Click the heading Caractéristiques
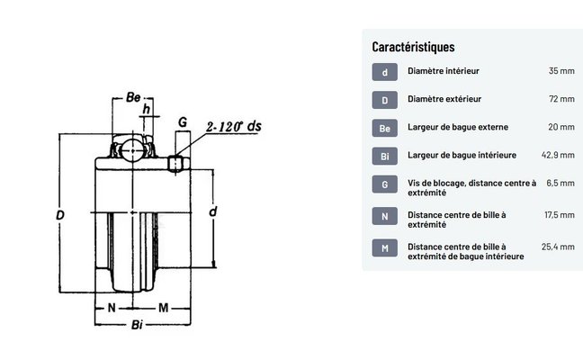413,47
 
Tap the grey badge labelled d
385,72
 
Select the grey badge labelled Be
385,128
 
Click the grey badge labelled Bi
385,157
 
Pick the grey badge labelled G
385,184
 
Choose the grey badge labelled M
385,248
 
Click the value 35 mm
561,71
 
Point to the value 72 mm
561,99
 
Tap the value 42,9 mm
558,155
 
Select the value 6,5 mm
561,183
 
